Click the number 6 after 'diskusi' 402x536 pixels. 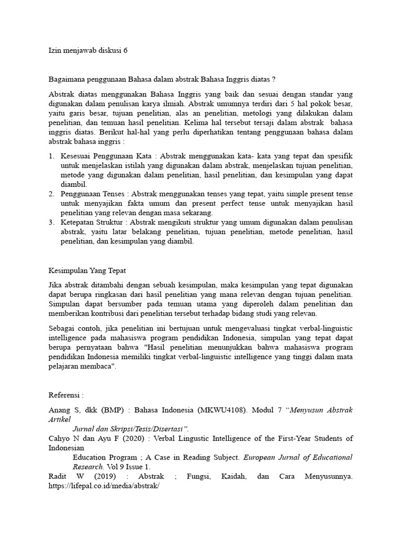pos(125,50)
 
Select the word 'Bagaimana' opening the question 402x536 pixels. pos(65,79)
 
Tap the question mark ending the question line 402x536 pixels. pos(274,79)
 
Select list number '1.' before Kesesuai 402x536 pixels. pos(51,156)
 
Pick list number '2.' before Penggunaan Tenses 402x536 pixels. pos(51,194)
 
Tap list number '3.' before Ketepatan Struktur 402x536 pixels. pos(51,222)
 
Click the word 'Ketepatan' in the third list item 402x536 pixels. pos(77,222)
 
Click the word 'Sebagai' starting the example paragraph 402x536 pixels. pos(62,329)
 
